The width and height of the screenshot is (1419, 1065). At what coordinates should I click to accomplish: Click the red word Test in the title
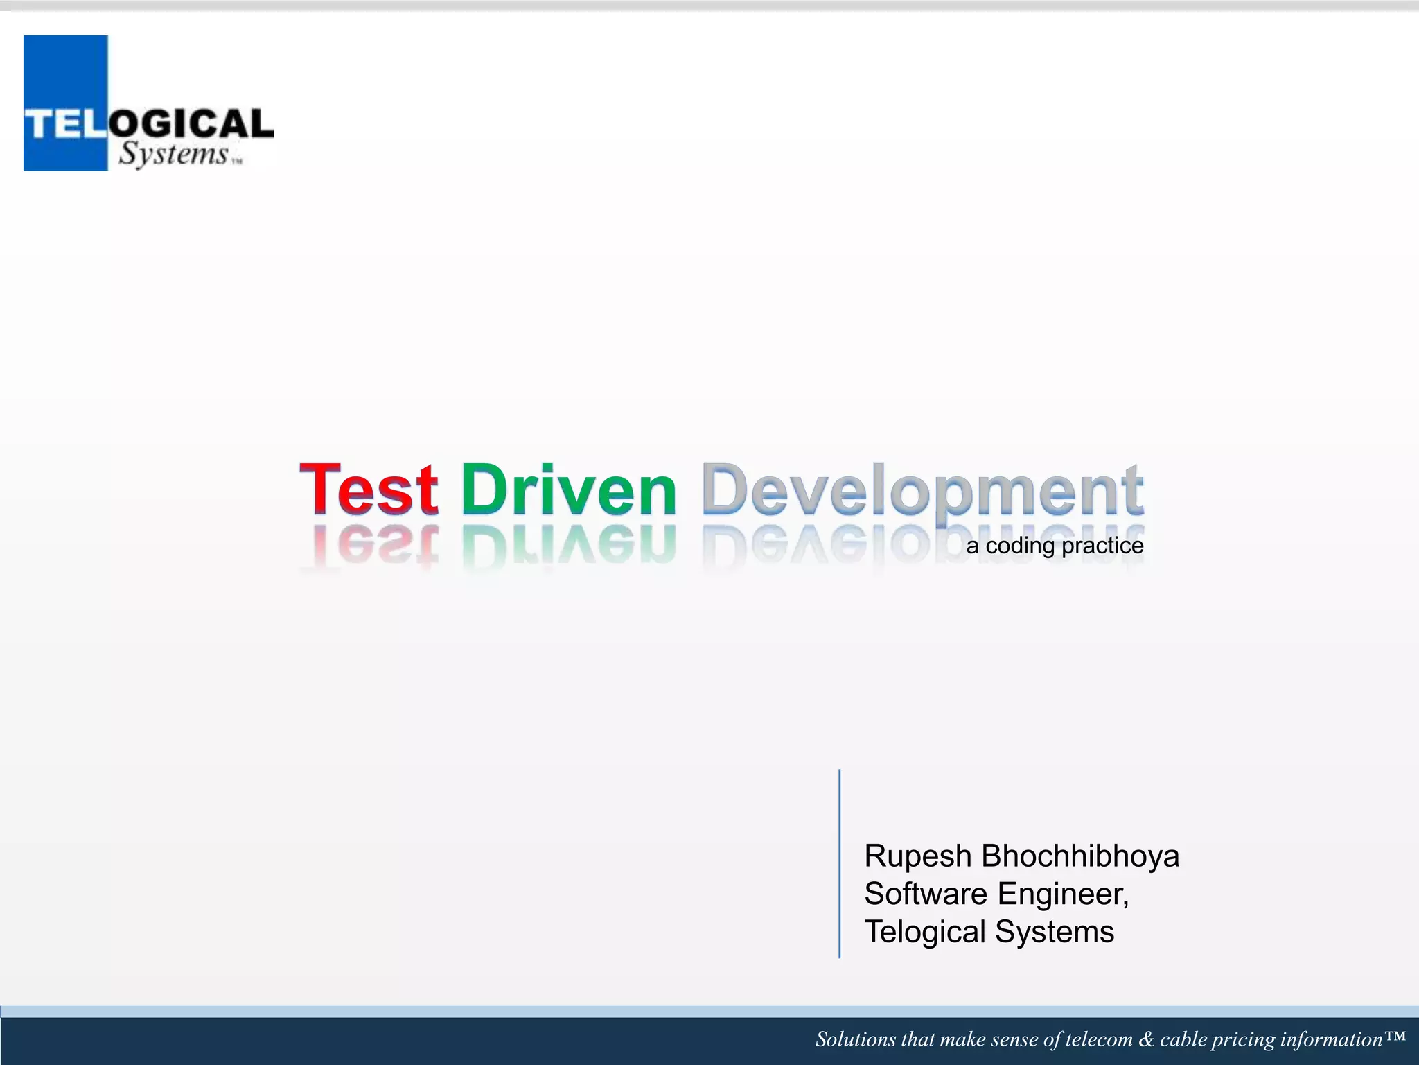click(x=369, y=490)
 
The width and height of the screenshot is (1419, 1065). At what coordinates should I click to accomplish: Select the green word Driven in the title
click(x=568, y=490)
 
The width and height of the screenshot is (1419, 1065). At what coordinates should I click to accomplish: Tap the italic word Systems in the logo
click(x=173, y=153)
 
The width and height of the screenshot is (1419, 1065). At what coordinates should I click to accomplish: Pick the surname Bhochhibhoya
click(x=1080, y=856)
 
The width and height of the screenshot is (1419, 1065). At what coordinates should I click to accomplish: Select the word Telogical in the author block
click(x=924, y=932)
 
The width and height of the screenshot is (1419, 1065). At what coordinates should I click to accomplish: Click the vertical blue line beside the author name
click(x=840, y=863)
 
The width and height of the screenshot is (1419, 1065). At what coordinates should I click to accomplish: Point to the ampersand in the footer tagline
click(x=1146, y=1039)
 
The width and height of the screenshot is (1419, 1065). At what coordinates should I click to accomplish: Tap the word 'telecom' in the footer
click(x=1099, y=1039)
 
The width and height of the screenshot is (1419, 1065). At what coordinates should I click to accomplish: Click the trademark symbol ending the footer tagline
click(x=1395, y=1037)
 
